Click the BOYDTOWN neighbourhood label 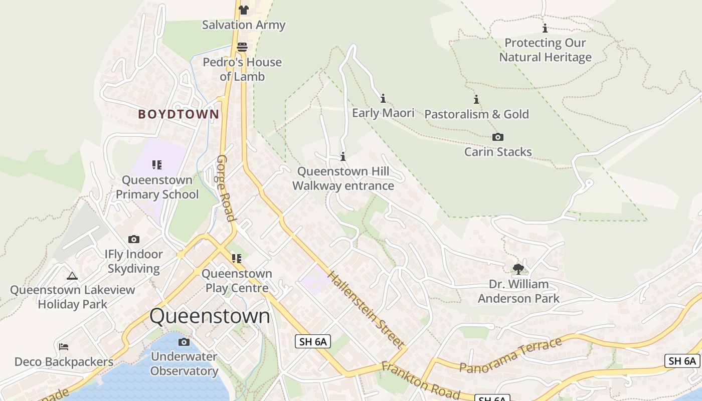tap(179, 114)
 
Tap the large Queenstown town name tap(210, 316)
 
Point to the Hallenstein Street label tap(366, 309)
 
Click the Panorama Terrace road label tap(510, 355)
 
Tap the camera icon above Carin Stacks tap(497, 137)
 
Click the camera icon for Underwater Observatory tap(184, 342)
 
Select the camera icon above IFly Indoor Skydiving tap(134, 239)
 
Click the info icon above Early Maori tap(383, 98)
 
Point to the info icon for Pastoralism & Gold tap(476, 100)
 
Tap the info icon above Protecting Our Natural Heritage tap(545, 29)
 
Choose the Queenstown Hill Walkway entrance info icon tap(343, 156)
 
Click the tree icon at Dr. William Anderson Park tap(518, 269)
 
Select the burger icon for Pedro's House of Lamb tap(242, 47)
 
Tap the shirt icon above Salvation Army tap(244, 10)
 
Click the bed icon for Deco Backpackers tap(64, 347)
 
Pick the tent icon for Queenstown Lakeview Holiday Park tap(72, 275)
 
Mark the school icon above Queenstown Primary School tap(157, 164)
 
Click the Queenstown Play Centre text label tap(237, 281)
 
